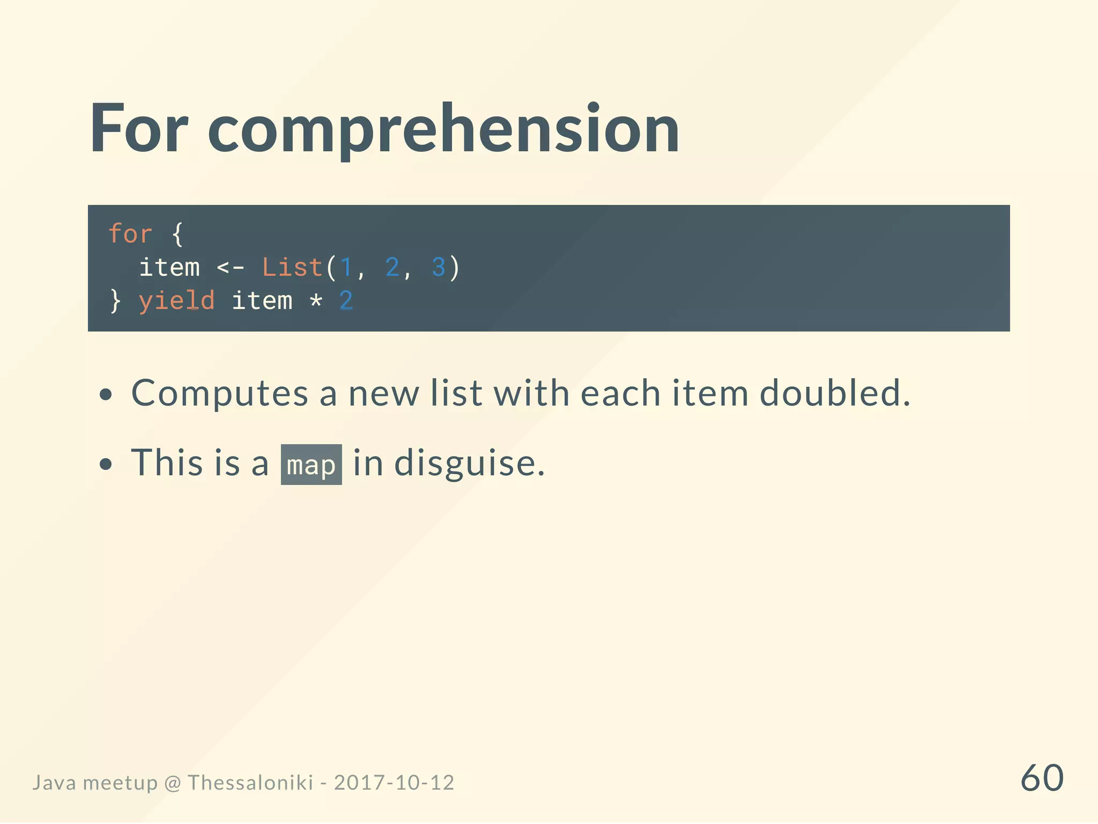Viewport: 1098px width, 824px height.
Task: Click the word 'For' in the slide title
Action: pos(139,129)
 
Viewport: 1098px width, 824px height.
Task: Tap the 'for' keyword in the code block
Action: pos(130,234)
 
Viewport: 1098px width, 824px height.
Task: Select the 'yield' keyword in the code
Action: pos(176,301)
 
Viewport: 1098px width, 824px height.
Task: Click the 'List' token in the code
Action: pos(292,267)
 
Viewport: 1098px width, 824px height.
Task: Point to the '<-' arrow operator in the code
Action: pos(231,267)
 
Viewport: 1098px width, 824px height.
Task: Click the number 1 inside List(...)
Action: pos(346,267)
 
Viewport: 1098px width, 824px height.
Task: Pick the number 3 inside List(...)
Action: pos(439,267)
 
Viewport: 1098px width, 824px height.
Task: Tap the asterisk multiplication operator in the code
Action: pos(316,301)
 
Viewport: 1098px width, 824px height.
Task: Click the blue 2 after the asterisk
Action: pos(346,300)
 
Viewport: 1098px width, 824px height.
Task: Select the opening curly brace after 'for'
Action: pos(177,234)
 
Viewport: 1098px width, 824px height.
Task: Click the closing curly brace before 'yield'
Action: pos(115,301)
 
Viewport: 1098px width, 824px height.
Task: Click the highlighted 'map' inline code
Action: pos(311,465)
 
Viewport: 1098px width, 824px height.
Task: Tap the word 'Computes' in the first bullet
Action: pos(220,393)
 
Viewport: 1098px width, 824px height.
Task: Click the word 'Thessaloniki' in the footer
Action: pos(250,783)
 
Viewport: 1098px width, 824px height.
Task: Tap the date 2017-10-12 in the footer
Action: pos(394,783)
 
